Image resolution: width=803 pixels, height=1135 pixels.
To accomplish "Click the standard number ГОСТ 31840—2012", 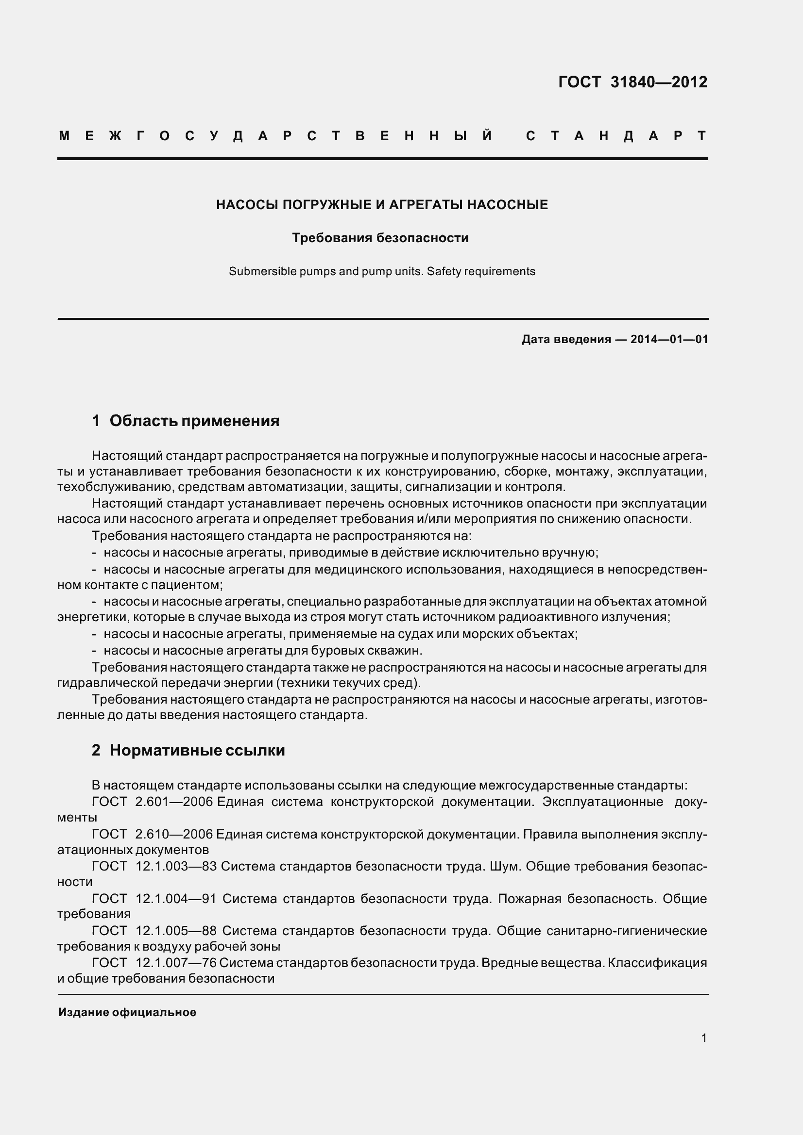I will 632,82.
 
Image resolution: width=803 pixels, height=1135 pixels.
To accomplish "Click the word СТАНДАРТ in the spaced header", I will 616,136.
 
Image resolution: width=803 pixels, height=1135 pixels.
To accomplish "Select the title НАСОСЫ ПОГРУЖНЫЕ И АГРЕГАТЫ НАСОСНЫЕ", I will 382,205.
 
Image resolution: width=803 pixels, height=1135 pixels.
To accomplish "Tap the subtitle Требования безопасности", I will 380,238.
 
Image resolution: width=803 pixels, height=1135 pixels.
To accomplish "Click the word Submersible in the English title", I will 262,271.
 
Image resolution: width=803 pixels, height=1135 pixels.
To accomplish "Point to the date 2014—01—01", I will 669,339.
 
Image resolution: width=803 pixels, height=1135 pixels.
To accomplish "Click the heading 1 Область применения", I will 186,421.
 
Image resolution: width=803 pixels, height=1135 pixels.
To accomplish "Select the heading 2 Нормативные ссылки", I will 188,750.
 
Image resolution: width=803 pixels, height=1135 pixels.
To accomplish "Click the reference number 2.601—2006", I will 173,802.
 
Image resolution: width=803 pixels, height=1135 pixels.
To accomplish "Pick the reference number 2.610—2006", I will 173,834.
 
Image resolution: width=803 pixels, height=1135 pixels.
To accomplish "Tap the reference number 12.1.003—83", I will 176,866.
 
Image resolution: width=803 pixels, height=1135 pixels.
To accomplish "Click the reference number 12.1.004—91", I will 176,898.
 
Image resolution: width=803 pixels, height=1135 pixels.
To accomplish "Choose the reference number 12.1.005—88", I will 176,930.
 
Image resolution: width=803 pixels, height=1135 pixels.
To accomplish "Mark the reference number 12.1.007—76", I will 176,962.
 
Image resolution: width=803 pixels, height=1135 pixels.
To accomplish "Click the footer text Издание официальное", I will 127,1012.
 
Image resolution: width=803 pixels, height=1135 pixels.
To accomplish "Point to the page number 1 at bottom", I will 703,1038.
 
